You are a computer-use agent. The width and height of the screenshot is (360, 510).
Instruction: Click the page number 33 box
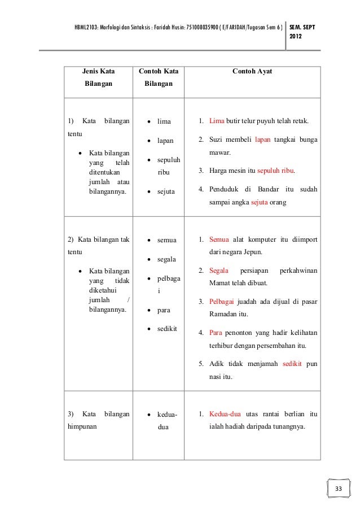tap(339, 489)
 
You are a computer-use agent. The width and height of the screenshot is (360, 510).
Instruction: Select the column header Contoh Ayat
tap(253, 72)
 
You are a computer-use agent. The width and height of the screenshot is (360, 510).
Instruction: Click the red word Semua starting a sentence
tap(219, 239)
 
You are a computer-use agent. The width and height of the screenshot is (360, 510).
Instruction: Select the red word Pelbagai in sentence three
tap(222, 300)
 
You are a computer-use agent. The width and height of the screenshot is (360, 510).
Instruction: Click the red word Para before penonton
tap(215, 332)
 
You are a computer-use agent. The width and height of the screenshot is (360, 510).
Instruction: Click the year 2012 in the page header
tap(296, 37)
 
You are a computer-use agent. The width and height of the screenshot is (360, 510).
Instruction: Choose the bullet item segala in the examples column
tap(167, 259)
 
